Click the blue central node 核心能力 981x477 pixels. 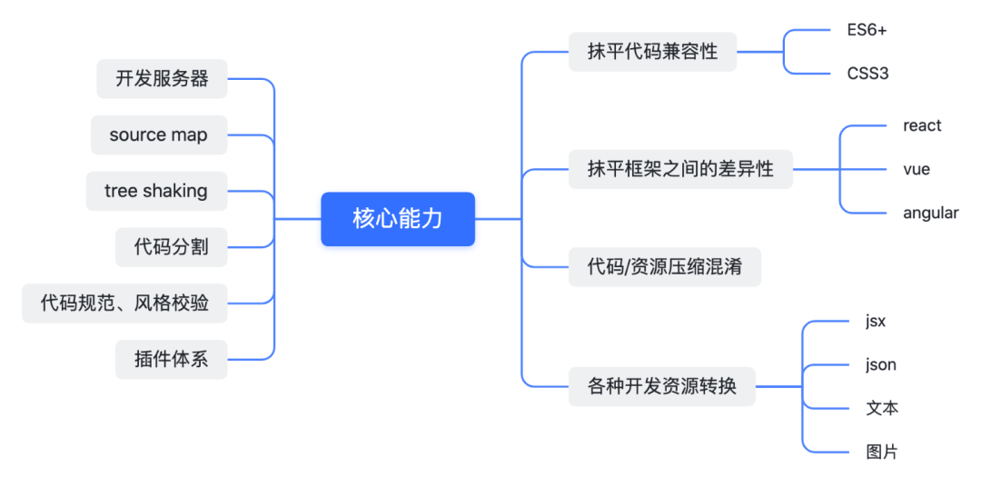[398, 219]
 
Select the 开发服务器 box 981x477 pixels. [162, 79]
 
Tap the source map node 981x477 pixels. [159, 135]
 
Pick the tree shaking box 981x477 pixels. [156, 191]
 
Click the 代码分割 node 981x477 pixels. [171, 247]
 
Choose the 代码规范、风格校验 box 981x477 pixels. [124, 303]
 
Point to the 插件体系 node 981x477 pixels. [171, 359]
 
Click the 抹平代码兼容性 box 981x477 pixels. [652, 52]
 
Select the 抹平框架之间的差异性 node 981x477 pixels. [680, 169]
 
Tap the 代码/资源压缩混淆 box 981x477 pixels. [665, 267]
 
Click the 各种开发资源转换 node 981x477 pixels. [661, 386]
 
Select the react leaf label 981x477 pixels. [922, 125]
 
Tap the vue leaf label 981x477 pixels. [917, 169]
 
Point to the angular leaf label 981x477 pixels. [930, 213]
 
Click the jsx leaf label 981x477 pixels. [876, 321]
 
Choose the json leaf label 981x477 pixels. [881, 364]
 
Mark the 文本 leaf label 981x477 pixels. [882, 408]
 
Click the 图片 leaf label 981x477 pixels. [882, 452]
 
